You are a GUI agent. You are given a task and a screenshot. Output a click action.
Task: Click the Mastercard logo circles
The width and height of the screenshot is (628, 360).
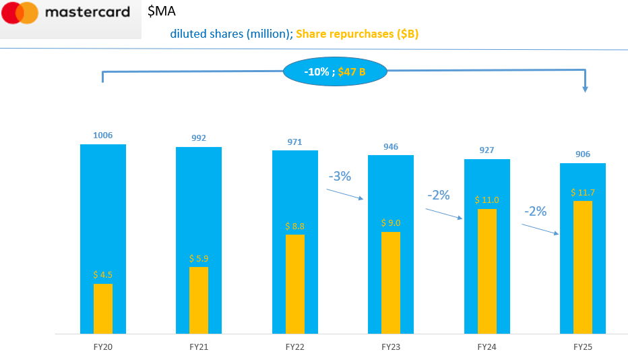pos(21,13)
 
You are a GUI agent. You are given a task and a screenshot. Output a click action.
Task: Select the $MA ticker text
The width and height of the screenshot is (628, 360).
pos(162,11)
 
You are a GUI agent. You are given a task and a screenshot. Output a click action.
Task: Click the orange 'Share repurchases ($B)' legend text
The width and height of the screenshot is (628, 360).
pos(357,34)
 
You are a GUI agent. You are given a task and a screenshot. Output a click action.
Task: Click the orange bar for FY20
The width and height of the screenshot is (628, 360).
pos(103,309)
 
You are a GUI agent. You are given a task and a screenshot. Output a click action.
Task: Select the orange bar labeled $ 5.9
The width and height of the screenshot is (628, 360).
pos(199,300)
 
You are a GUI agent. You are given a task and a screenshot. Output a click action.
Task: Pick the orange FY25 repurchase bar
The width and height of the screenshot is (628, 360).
pos(583,267)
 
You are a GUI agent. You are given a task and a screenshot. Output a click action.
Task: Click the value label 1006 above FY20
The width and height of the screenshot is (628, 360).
pos(103,136)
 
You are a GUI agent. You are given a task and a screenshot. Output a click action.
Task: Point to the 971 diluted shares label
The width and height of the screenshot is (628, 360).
pos(294,142)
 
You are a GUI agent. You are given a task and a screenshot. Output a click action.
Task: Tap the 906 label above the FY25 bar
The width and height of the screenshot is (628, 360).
pos(583,154)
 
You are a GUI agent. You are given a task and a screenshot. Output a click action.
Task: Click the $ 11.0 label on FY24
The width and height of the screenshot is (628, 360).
pos(486,200)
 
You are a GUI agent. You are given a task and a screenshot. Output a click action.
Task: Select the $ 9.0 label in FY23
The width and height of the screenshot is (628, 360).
pos(391,223)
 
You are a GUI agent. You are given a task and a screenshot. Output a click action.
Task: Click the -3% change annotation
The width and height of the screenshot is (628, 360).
pos(340,177)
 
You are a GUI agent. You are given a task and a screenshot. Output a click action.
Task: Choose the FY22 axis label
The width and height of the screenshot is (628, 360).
pos(294,347)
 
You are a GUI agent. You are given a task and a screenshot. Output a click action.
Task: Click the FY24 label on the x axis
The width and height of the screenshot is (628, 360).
pos(486,347)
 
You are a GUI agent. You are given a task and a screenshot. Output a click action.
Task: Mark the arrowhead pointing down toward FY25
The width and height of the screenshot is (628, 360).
pos(585,89)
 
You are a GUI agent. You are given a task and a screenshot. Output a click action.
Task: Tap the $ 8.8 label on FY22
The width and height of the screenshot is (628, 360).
pos(294,226)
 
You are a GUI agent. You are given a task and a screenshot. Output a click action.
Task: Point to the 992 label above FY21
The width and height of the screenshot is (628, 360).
pos(199,138)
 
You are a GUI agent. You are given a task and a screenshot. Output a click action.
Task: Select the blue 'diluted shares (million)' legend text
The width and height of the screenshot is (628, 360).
pos(231,34)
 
